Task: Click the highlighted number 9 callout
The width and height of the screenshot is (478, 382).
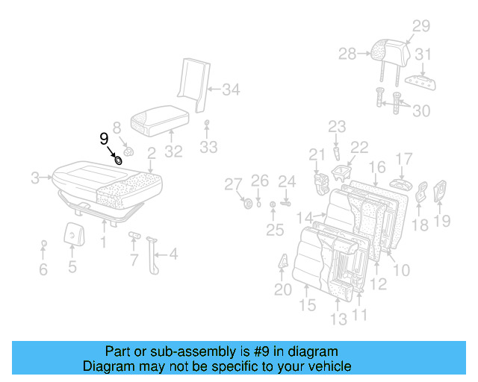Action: [x=104, y=138]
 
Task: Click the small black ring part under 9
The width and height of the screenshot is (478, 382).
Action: [x=118, y=160]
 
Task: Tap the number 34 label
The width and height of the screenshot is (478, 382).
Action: [x=231, y=91]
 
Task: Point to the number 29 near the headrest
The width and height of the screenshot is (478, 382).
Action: [x=421, y=27]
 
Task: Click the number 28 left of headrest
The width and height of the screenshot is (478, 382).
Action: [x=347, y=54]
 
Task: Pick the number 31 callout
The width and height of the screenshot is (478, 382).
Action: [x=423, y=54]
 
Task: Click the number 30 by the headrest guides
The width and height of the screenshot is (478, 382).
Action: [x=421, y=110]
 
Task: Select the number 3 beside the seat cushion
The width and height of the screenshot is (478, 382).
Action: [x=35, y=178]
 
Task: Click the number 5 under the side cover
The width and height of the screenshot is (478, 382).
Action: [x=72, y=266]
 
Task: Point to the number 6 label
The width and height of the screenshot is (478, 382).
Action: [x=43, y=269]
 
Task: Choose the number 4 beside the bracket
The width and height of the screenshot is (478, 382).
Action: [x=173, y=254]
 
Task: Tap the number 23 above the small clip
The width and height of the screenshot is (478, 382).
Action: [x=337, y=126]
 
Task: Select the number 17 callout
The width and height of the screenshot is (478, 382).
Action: [x=403, y=159]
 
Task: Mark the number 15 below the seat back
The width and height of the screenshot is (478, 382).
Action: [x=306, y=304]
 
